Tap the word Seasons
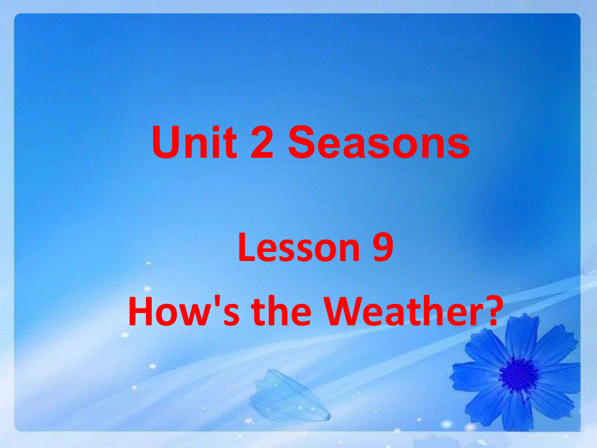[379, 143]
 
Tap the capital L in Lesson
[246, 249]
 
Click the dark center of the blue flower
[518, 375]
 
